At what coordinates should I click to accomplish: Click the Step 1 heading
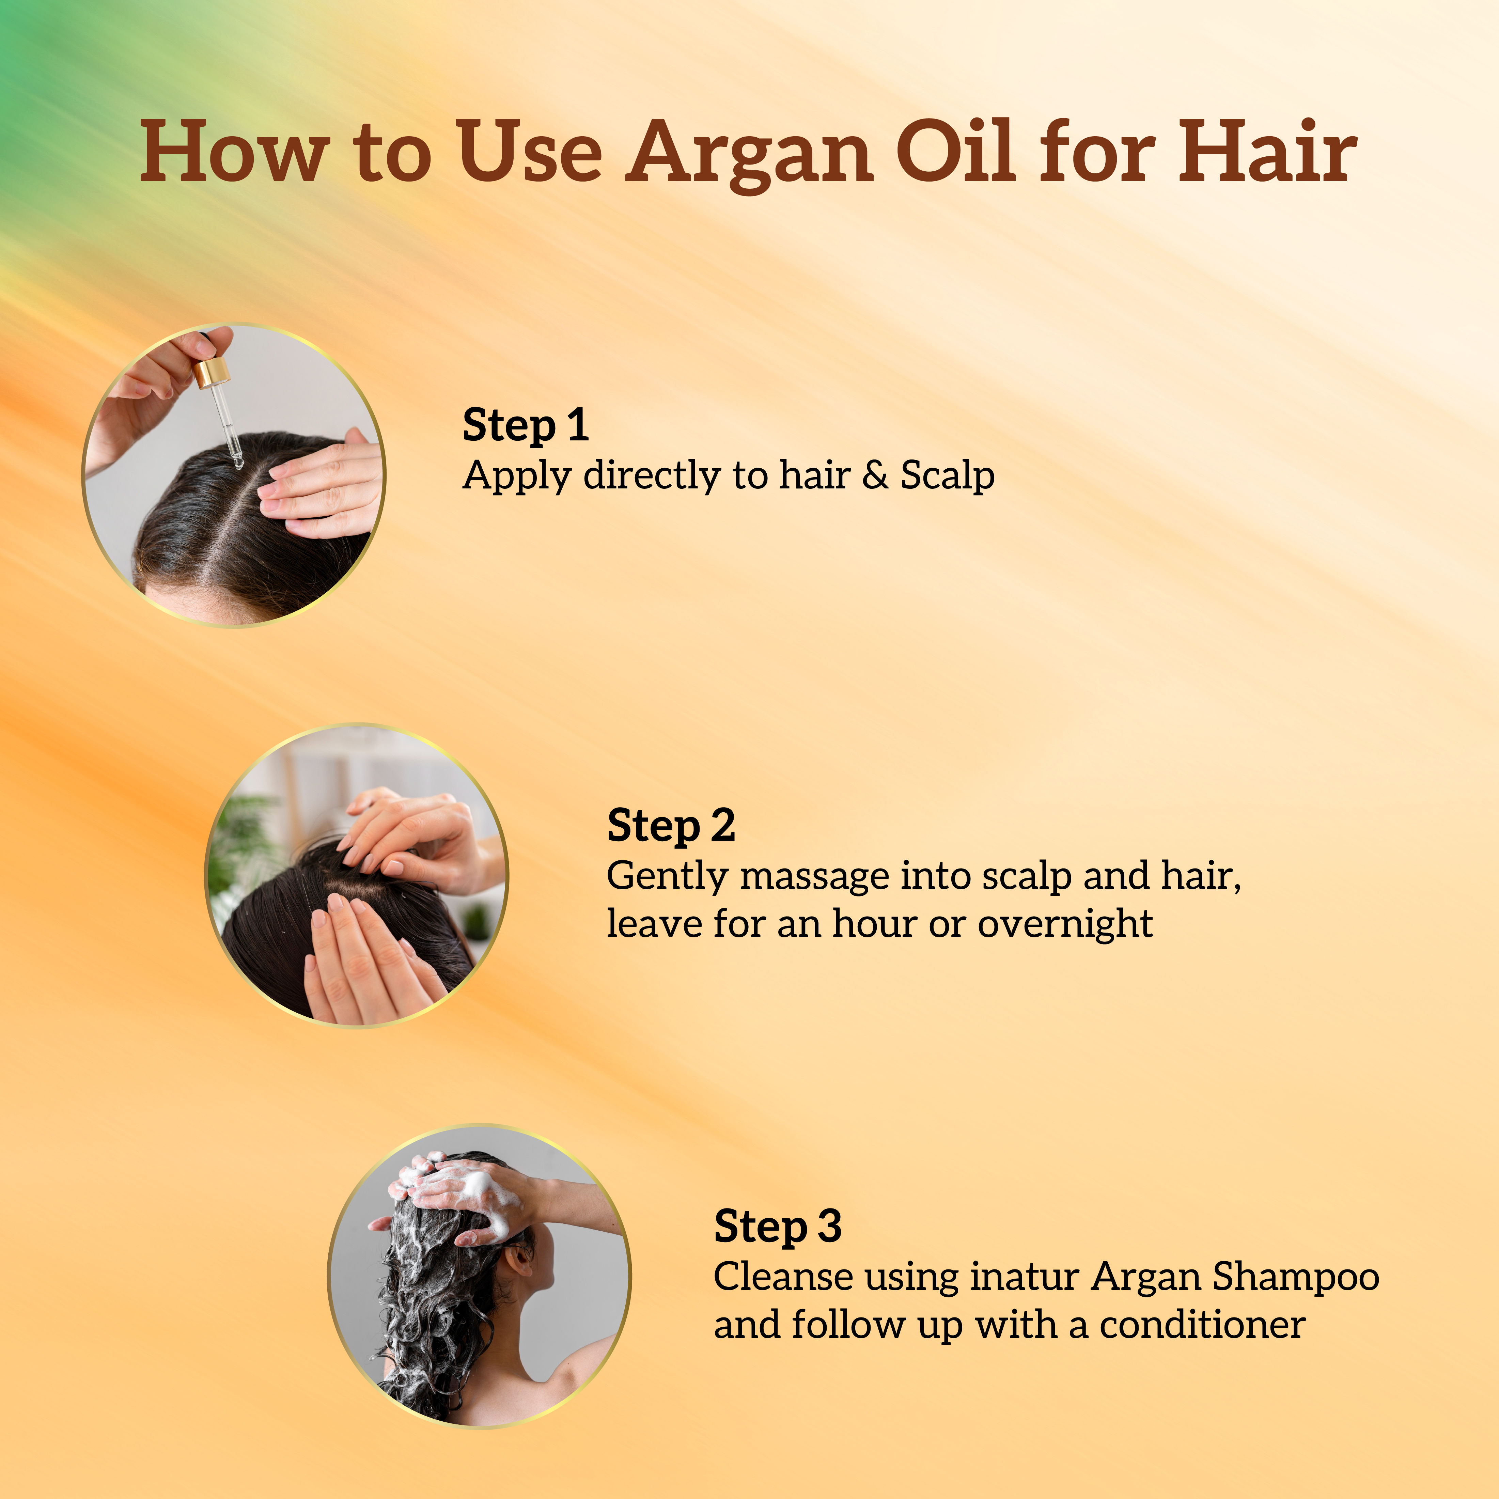(525, 426)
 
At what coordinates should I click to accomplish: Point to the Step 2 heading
(671, 826)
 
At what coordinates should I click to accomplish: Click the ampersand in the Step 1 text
(875, 475)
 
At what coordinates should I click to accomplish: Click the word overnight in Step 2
(1064, 924)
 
